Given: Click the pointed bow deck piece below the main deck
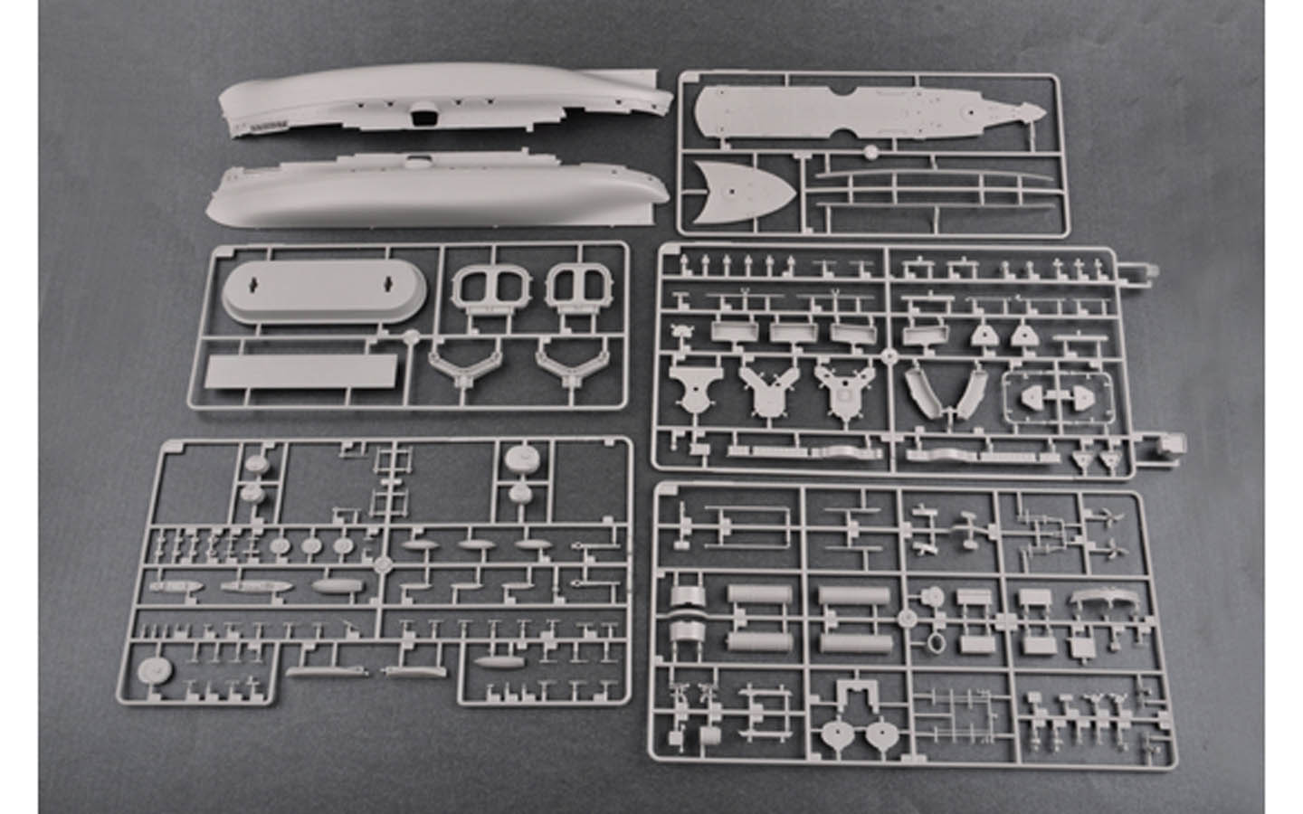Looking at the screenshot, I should pos(742,190).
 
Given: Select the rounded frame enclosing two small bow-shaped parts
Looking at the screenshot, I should pos(1055,395).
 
